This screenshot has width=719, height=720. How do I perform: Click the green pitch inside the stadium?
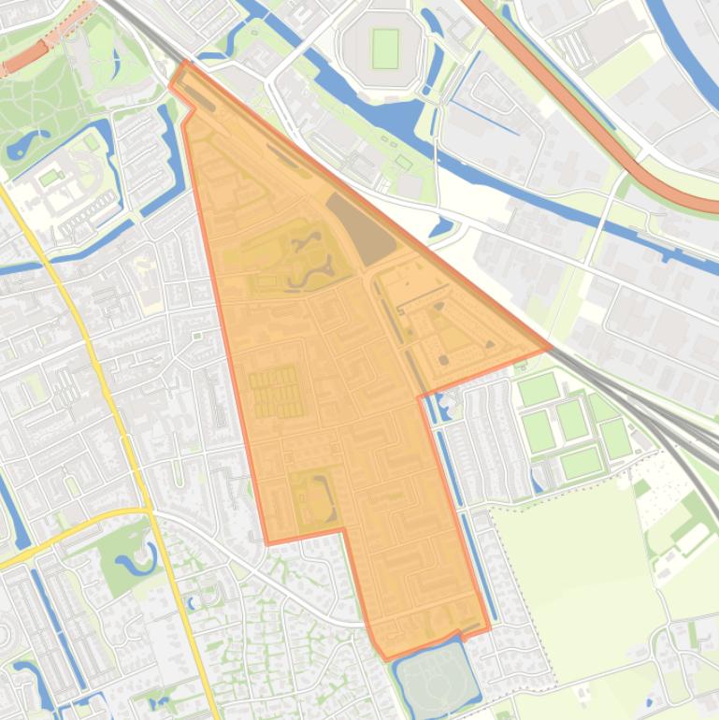point(385,49)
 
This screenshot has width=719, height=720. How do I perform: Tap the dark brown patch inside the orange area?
point(361,228)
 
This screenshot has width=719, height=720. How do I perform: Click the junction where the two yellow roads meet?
point(149,511)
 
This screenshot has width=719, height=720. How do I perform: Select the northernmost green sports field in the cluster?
point(537,388)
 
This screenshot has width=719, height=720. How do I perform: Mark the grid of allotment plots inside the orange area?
point(275,392)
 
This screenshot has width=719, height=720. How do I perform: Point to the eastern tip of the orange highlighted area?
point(550,349)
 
